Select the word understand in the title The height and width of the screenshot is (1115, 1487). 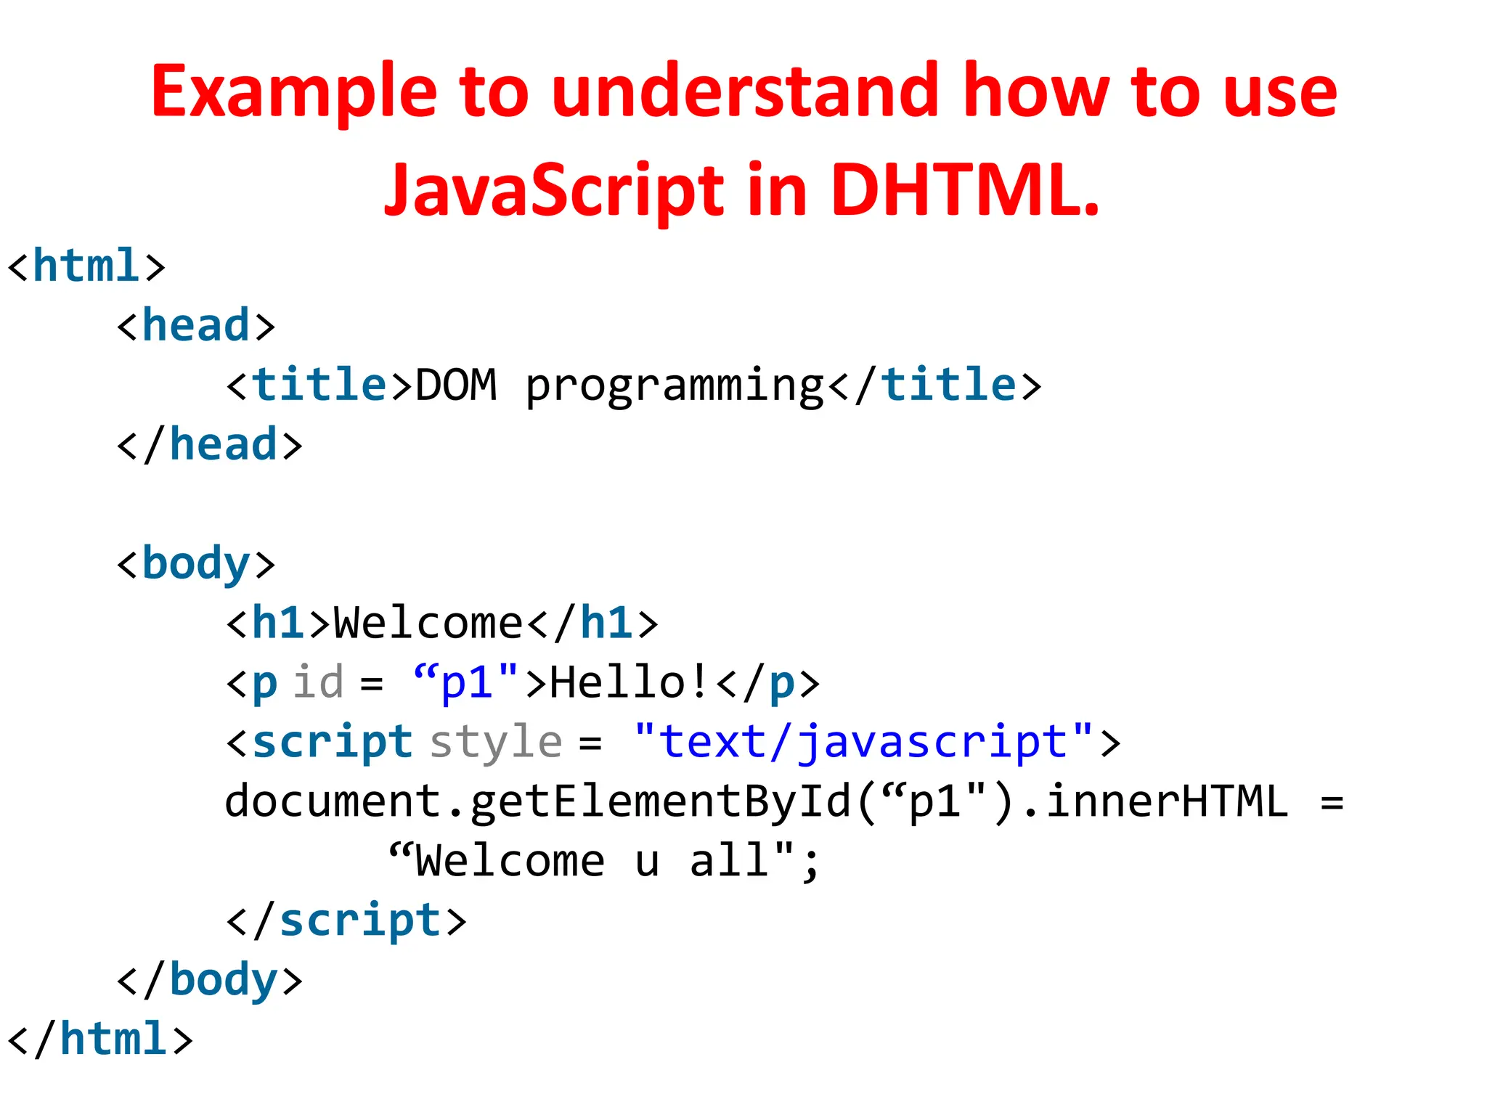tap(745, 91)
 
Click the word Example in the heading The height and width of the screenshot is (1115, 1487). tap(293, 91)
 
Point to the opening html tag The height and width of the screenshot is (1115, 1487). tap(86, 266)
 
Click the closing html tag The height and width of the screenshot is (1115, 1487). tap(100, 1039)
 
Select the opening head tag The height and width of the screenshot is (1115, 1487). tap(196, 326)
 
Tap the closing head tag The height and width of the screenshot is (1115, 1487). tap(209, 445)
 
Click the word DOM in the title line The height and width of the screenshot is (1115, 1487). tap(456, 385)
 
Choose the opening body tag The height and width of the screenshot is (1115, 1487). tap(196, 564)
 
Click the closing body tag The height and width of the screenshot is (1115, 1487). tap(209, 980)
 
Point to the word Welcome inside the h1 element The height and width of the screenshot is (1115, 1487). tap(428, 624)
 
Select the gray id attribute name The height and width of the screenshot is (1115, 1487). tap(318, 682)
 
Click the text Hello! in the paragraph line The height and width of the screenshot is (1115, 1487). tap(628, 682)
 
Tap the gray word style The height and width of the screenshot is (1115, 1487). tap(496, 743)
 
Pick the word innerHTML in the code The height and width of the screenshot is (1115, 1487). tap(1167, 801)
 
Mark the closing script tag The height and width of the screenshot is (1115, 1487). tap(346, 920)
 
